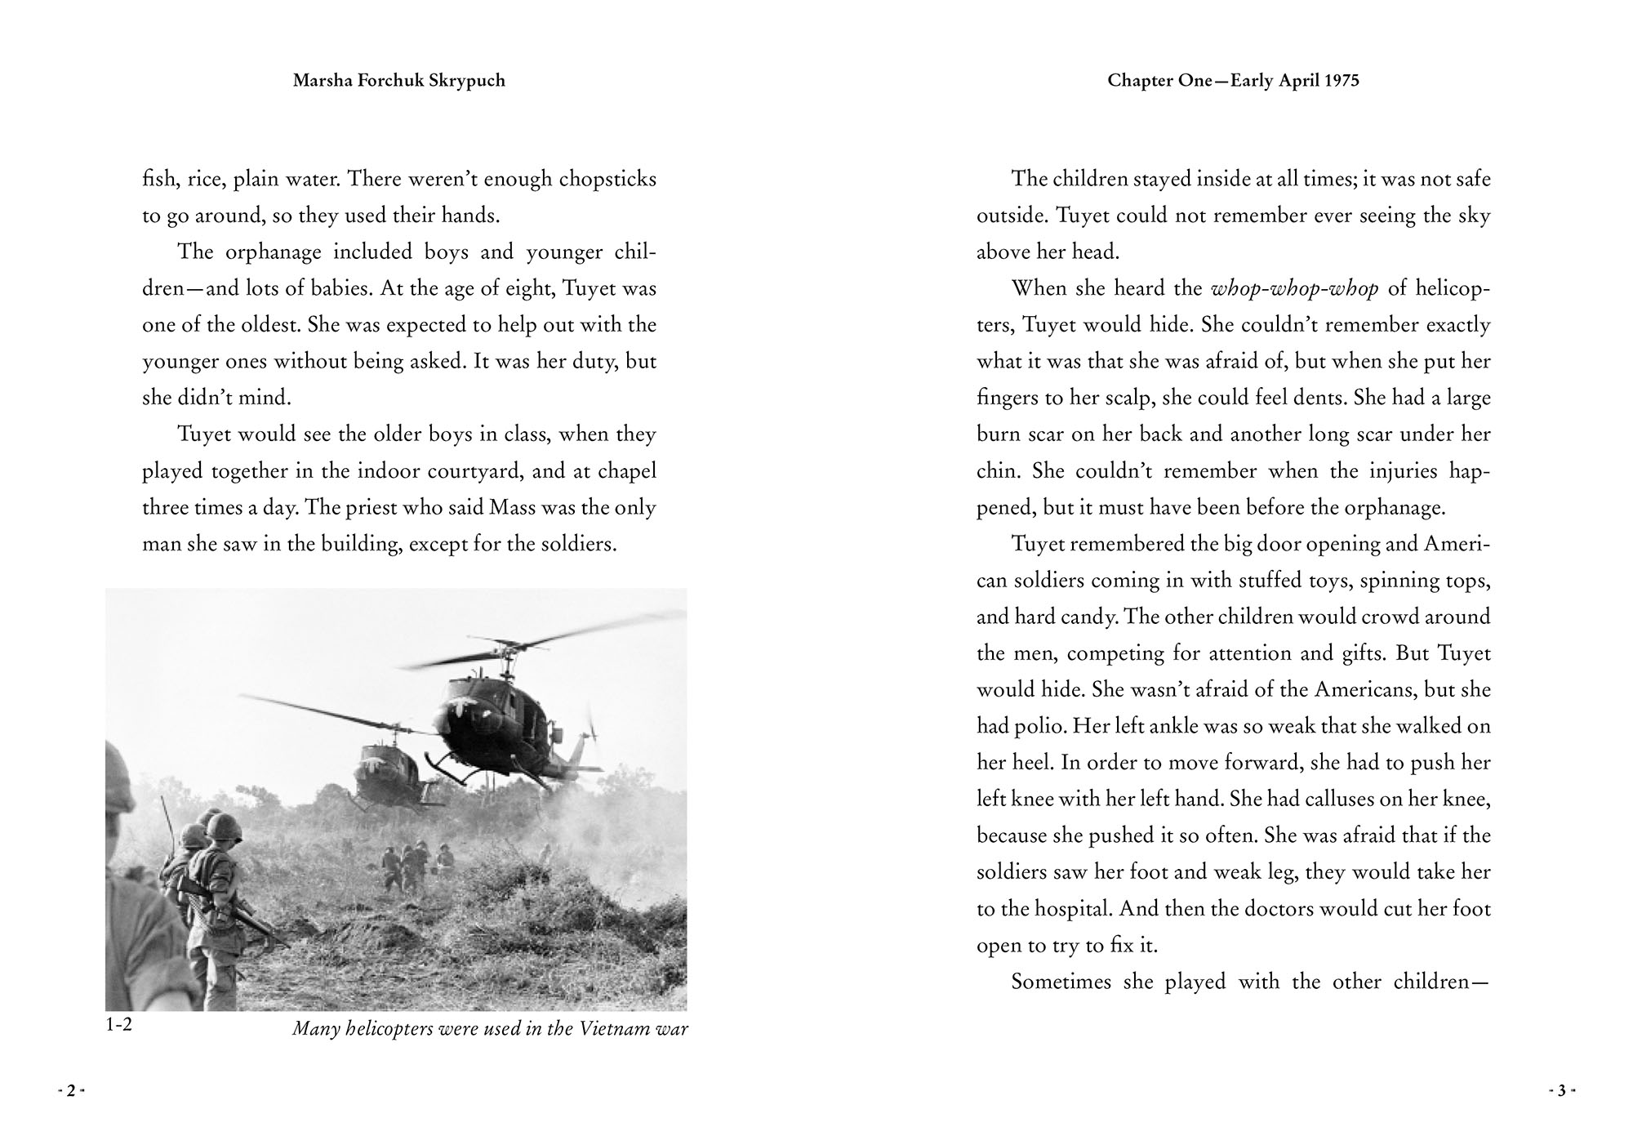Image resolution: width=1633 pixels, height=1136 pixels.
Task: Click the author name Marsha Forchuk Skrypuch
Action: tap(398, 81)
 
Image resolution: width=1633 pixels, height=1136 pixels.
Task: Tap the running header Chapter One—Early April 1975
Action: tap(1233, 81)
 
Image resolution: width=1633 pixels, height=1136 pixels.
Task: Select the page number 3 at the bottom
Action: tap(1560, 1090)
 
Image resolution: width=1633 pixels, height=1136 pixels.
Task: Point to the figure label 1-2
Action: tap(119, 1025)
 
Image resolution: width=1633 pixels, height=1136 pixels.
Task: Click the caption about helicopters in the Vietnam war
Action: tap(490, 1029)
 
